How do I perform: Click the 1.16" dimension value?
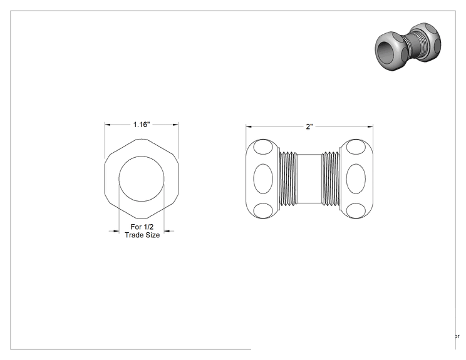pyautogui.click(x=142, y=125)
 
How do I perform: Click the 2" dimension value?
pyautogui.click(x=309, y=127)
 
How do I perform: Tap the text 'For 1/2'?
pyautogui.click(x=142, y=227)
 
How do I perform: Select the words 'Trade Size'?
pyautogui.click(x=142, y=235)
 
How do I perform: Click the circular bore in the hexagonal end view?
pyautogui.click(x=142, y=156)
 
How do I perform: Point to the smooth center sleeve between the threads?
pyautogui.click(x=309, y=179)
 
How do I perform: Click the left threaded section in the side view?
pyautogui.click(x=287, y=179)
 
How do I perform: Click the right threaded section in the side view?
pyautogui.click(x=331, y=179)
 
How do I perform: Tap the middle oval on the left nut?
pyautogui.click(x=263, y=179)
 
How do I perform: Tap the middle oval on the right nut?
pyautogui.click(x=356, y=179)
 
